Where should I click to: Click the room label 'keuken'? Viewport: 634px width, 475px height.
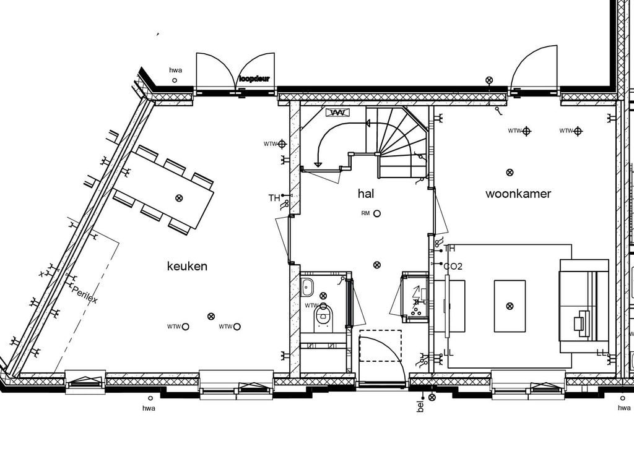187,267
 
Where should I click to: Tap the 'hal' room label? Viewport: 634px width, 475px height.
366,194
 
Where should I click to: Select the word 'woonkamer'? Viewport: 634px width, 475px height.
518,194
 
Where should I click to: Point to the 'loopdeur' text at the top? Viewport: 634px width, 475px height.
256,79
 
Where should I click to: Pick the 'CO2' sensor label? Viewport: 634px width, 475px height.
453,267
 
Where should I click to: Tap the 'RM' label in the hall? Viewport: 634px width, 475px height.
365,213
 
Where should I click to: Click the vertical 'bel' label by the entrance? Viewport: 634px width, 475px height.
420,406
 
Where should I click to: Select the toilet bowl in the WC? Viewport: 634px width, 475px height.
323,315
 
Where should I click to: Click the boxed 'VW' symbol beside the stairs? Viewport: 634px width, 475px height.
337,113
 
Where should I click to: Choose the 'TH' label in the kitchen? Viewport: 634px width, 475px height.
274,199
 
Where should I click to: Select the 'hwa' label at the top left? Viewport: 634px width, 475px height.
175,71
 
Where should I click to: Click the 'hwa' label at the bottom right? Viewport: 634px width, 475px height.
624,408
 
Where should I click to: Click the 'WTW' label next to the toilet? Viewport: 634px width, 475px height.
311,306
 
